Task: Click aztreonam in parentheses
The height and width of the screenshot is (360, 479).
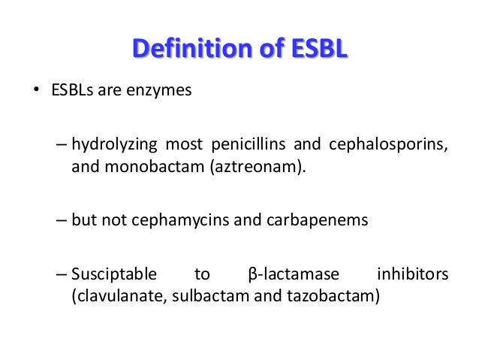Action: (x=253, y=165)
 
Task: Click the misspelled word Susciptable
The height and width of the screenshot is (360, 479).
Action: (x=114, y=275)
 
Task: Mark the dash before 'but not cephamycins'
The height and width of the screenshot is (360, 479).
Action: (x=61, y=221)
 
